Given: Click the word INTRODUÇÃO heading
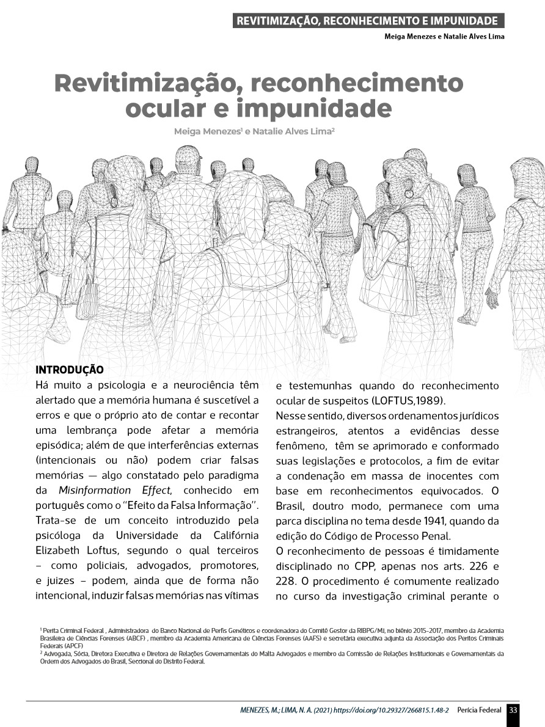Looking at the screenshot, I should [x=70, y=370].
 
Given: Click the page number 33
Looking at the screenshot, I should [x=513, y=710].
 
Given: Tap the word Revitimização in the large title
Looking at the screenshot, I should [x=147, y=83].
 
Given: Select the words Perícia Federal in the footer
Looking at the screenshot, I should [x=479, y=711].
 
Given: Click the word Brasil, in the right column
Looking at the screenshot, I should [x=293, y=506].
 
